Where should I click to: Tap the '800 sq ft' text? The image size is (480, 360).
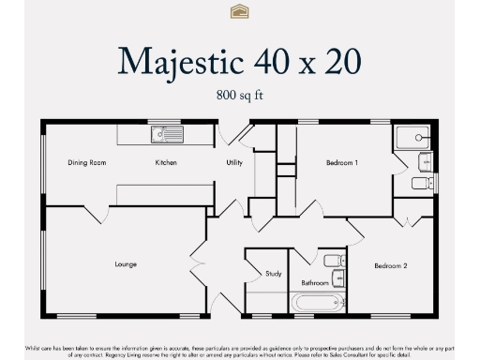click(240, 95)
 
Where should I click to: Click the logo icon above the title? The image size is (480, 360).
click(239, 11)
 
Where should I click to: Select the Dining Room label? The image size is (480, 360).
click(86, 163)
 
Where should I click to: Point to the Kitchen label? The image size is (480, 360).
click(166, 163)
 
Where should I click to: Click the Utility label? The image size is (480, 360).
click(234, 163)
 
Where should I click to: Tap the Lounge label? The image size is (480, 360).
click(126, 264)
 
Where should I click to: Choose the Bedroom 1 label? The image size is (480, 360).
click(341, 163)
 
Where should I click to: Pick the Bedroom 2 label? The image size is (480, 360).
click(390, 266)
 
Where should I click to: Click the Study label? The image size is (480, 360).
click(273, 274)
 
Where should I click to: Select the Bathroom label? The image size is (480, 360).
click(314, 282)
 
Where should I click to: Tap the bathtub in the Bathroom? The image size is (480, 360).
click(318, 303)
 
